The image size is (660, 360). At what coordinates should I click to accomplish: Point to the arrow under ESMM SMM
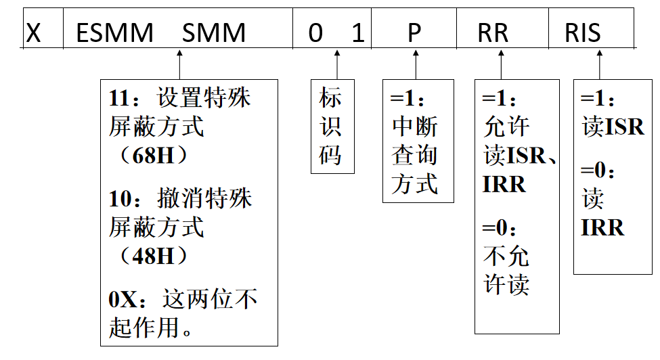coord(179,64)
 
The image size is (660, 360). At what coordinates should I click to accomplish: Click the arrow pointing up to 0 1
coord(336,64)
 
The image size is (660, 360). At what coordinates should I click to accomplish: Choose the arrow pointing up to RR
coord(501,64)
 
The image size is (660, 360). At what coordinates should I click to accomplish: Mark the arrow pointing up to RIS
coord(599,64)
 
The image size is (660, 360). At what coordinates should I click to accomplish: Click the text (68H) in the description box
coord(152,156)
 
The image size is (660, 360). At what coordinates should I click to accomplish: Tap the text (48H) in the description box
coord(152,256)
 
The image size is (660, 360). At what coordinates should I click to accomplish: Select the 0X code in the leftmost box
coord(123,299)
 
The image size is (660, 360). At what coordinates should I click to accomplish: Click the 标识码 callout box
coord(332,127)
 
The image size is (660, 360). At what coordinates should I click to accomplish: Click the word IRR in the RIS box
coord(602,228)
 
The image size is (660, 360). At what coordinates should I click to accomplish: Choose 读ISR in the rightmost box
coord(613,127)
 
